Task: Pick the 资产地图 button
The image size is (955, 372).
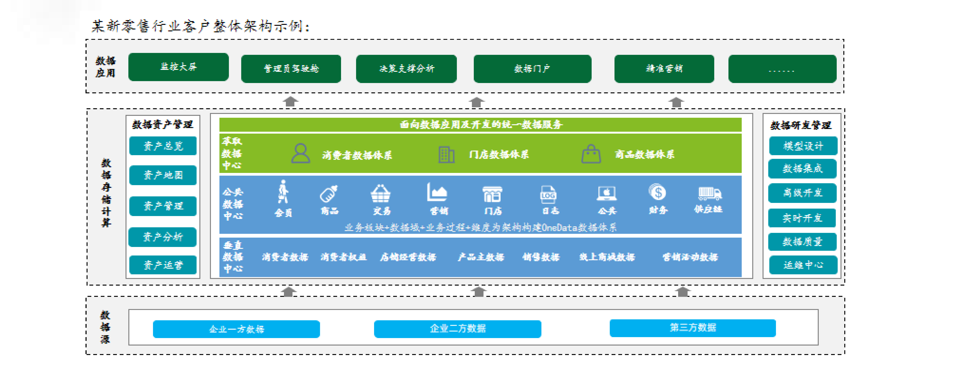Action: click(163, 175)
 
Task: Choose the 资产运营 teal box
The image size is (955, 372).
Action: click(163, 265)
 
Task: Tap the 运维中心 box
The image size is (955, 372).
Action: click(803, 265)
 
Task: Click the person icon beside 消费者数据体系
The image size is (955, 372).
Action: click(300, 154)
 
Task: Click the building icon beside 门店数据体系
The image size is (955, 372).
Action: click(446, 154)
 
